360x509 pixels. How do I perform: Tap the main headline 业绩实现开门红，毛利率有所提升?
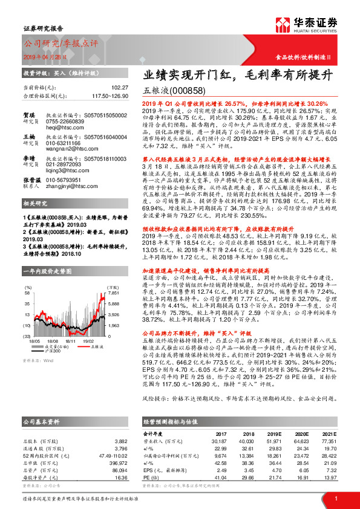(237, 76)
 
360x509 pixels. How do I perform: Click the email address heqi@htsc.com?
(62, 129)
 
